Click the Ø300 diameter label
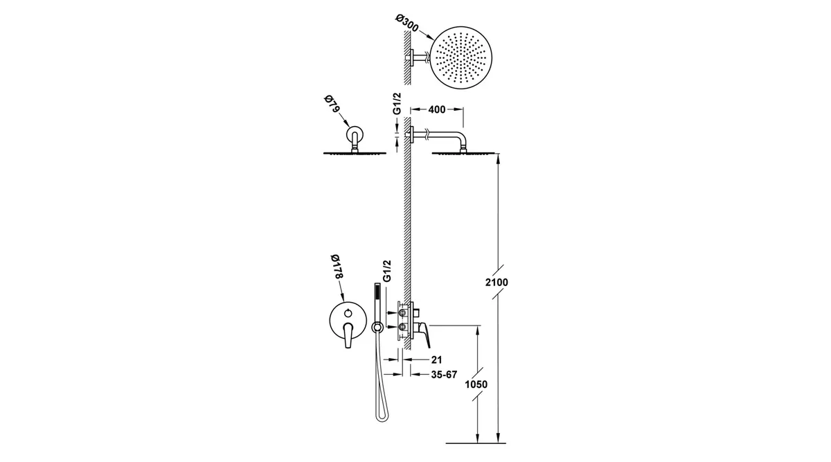pyautogui.click(x=407, y=23)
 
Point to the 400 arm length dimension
pyautogui.click(x=437, y=109)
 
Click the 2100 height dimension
pyautogui.click(x=497, y=283)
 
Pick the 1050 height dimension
pyautogui.click(x=476, y=384)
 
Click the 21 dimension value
pyautogui.click(x=437, y=359)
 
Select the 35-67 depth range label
pyautogui.click(x=444, y=375)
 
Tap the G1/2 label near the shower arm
pyautogui.click(x=397, y=103)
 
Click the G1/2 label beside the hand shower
pyautogui.click(x=386, y=271)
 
